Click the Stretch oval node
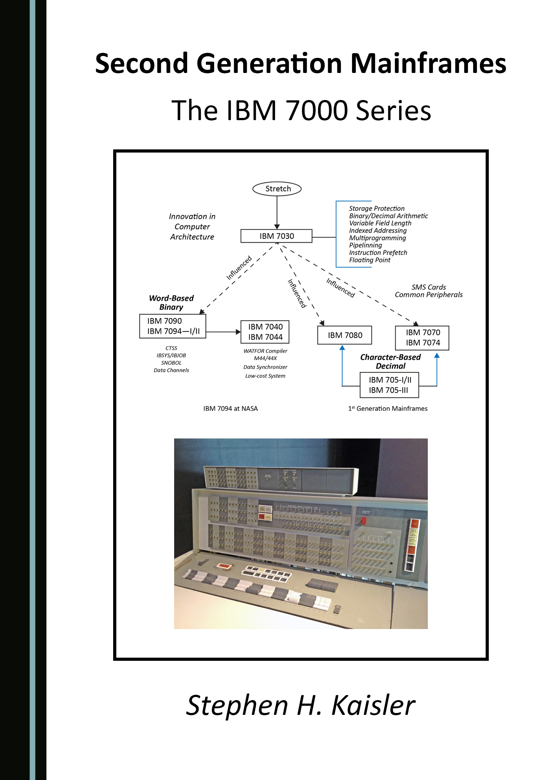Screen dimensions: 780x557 click(277, 189)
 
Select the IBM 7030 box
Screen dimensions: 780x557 click(276, 236)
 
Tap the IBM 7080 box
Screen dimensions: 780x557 click(345, 335)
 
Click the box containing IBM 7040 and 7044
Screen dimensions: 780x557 click(265, 332)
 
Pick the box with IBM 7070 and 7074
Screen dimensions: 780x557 click(422, 338)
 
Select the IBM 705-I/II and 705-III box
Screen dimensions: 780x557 click(389, 385)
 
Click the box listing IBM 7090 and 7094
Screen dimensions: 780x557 click(173, 326)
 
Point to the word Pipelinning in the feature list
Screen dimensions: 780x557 click(365, 245)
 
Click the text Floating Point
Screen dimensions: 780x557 click(369, 260)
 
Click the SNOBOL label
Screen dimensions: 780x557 click(171, 363)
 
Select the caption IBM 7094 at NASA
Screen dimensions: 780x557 click(230, 408)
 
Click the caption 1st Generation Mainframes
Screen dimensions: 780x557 click(388, 408)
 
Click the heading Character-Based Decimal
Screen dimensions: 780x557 click(390, 362)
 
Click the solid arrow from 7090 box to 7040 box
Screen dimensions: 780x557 click(223, 332)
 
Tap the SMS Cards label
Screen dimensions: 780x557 click(428, 287)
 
